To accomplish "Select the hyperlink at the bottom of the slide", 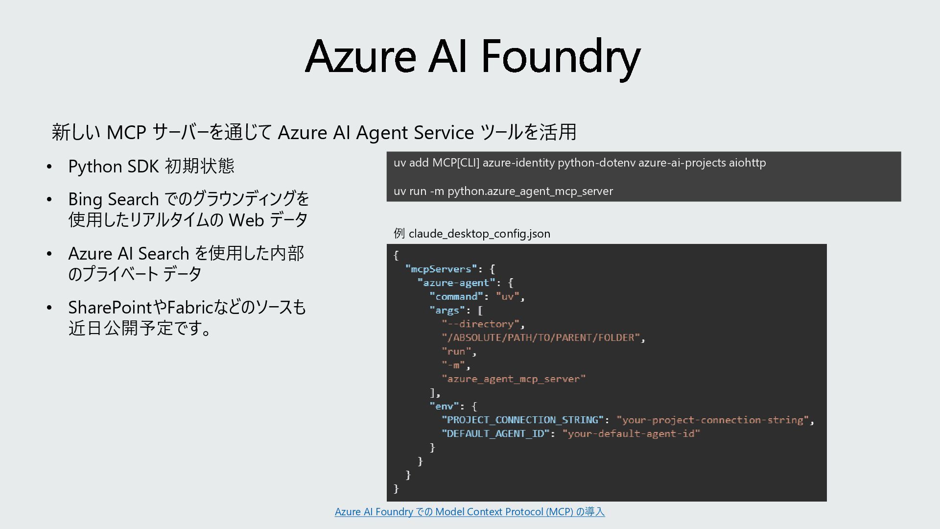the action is (x=470, y=512).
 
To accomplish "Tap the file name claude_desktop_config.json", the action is (x=479, y=234).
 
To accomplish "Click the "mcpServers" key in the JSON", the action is (x=441, y=269).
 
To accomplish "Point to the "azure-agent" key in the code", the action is (x=456, y=283).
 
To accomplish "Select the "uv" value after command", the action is (x=507, y=296).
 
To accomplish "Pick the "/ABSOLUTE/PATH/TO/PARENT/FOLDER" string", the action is (x=541, y=337).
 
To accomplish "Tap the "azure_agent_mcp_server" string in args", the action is (x=513, y=379).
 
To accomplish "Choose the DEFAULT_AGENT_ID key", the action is (x=495, y=433).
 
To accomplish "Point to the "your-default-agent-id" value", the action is (x=631, y=433).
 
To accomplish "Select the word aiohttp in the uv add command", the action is (x=747, y=163).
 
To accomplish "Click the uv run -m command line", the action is (x=503, y=191).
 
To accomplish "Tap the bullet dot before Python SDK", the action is (x=49, y=167).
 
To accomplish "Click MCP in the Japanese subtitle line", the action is (x=126, y=132).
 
